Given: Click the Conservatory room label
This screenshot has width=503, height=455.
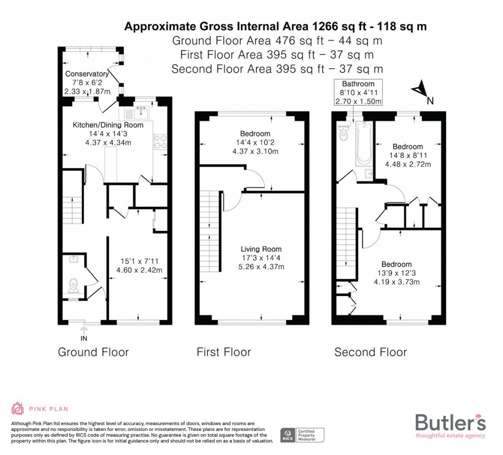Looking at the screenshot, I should (x=87, y=74).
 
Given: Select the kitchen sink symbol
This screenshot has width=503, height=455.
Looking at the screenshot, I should (x=140, y=113).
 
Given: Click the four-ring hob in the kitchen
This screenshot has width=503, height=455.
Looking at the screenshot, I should (x=161, y=142).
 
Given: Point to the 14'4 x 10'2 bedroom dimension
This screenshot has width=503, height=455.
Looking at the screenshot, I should (x=255, y=143).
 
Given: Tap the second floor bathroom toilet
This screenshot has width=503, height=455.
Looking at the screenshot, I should (x=343, y=132).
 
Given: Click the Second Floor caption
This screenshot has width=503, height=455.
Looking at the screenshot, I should (x=370, y=352).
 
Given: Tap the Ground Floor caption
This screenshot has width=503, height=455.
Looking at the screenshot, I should (x=93, y=352).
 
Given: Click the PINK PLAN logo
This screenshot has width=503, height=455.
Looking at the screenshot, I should (x=40, y=408).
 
